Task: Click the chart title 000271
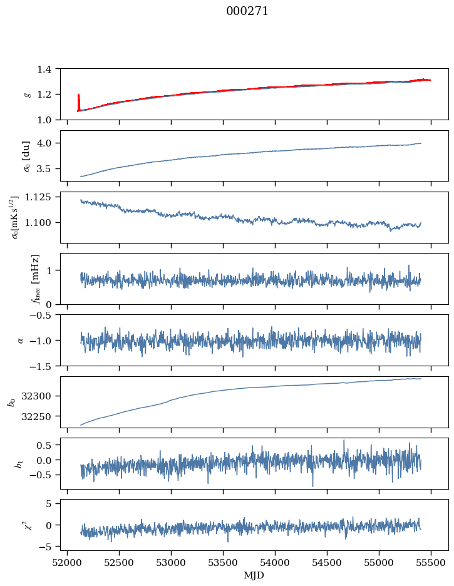pos(247,11)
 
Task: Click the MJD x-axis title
pos(254,575)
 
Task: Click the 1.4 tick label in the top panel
pos(48,69)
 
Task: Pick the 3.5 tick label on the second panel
pos(48,169)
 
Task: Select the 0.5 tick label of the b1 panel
pos(48,445)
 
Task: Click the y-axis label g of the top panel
pos(26,94)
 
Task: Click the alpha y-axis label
pos(20,340)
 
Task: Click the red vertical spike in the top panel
pos(78,102)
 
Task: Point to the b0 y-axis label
pos(11,401)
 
